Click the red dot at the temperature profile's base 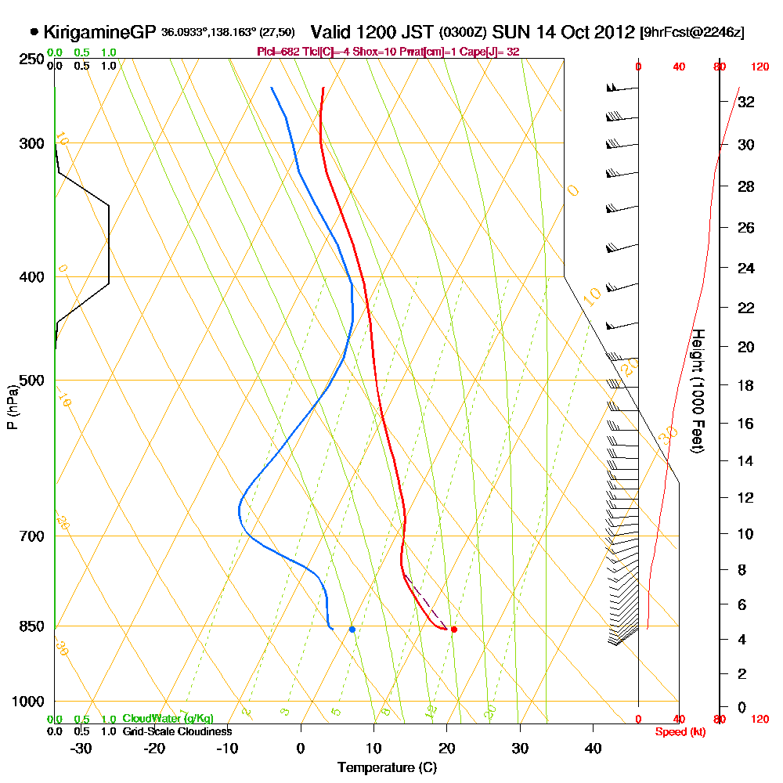tap(454, 629)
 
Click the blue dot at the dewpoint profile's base tap(352, 629)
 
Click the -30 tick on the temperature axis tap(81, 748)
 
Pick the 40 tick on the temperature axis tap(593, 748)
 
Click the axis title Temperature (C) tap(387, 768)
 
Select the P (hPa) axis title tap(12, 407)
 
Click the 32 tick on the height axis tap(746, 101)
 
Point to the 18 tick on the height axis tap(746, 385)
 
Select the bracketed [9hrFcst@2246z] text tap(692, 33)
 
